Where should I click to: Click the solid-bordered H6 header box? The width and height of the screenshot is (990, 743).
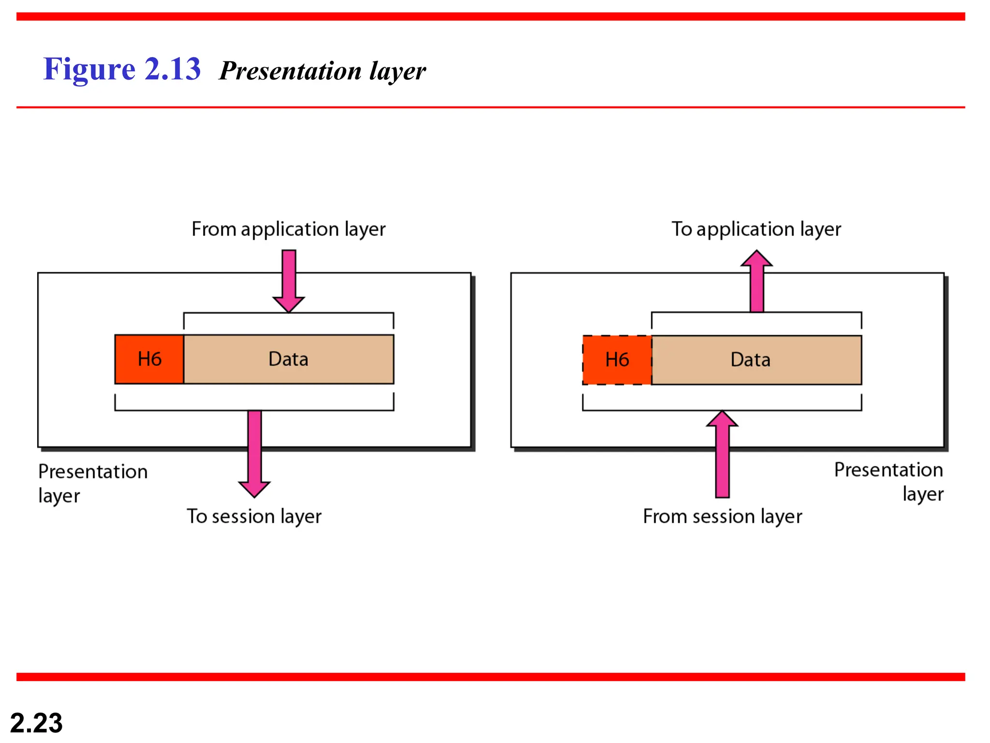149,359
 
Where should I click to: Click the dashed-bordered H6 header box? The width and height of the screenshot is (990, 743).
617,360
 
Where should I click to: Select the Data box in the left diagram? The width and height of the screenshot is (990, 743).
289,359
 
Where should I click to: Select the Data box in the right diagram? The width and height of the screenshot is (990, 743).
756,360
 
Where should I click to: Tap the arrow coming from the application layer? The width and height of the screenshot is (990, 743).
289,281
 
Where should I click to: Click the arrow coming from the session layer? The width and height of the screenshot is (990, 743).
722,455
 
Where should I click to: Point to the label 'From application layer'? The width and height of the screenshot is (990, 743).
289,229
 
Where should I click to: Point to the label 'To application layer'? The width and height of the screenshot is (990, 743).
756,229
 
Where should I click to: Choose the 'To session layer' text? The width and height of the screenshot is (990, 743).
254,517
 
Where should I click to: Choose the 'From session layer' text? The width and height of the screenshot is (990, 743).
722,517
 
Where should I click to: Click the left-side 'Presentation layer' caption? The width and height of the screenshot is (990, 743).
92,483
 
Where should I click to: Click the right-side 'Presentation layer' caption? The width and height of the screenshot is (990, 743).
888,481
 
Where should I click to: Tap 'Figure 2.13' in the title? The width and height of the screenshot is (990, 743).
122,69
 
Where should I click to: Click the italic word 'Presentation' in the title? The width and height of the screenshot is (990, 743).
290,71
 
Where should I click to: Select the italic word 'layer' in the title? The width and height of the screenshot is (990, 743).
397,72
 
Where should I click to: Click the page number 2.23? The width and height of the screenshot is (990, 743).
36,723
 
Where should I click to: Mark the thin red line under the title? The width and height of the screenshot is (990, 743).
491,107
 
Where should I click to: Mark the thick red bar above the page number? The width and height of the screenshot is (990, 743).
491,677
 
